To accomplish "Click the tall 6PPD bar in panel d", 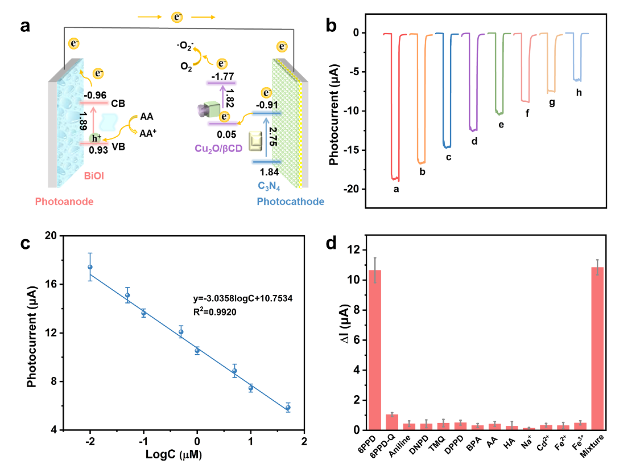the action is [x=375, y=350].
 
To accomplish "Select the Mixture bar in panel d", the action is [x=597, y=348].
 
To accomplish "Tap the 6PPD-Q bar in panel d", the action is [x=392, y=422].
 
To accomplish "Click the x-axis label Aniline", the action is [x=400, y=446].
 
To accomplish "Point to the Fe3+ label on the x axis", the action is [x=578, y=442].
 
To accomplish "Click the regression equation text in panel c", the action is [x=243, y=298].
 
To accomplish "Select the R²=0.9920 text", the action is [x=214, y=312].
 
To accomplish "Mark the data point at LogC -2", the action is [x=90, y=267].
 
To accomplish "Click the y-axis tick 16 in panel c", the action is [x=51, y=284].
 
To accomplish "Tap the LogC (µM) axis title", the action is [x=174, y=454].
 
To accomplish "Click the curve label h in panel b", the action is [x=579, y=93].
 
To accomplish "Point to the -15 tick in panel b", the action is [x=351, y=150].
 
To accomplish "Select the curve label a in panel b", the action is [x=396, y=189].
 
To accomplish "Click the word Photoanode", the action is [x=64, y=202].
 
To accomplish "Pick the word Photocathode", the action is [x=291, y=202].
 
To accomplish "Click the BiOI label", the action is [x=94, y=176].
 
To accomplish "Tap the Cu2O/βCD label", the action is [x=218, y=149].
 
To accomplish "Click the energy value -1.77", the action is [x=222, y=76].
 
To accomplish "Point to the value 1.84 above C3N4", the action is [x=269, y=172].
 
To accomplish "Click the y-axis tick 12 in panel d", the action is [x=354, y=250].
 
